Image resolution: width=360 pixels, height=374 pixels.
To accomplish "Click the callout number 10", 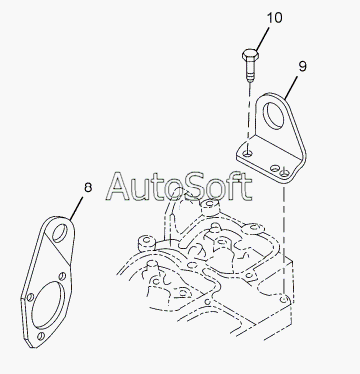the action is click(274, 18).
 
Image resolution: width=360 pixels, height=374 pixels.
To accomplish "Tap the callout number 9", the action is click(302, 66).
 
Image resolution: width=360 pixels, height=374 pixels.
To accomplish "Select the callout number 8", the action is click(88, 187).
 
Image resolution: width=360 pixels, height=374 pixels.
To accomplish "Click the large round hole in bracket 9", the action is click(273, 116).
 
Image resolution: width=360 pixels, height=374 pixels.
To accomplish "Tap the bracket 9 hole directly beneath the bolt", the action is click(248, 153).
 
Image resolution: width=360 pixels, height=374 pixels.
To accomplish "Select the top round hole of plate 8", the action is click(60, 233).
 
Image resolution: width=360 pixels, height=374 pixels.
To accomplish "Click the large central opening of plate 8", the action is click(48, 305).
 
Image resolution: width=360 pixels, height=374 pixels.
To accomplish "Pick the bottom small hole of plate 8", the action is click(41, 336).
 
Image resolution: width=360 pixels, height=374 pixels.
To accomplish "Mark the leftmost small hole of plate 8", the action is click(30, 297).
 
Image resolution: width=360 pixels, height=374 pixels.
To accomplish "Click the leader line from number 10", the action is click(261, 38).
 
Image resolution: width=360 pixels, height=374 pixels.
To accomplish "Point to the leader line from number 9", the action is click(291, 86).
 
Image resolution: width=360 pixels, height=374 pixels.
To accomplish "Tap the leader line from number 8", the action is click(76, 209).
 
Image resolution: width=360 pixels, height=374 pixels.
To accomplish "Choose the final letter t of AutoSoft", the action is click(245, 187).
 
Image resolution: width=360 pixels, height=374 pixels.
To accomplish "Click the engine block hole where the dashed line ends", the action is click(283, 300).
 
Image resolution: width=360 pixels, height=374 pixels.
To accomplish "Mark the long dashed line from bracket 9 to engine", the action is click(283, 236).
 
